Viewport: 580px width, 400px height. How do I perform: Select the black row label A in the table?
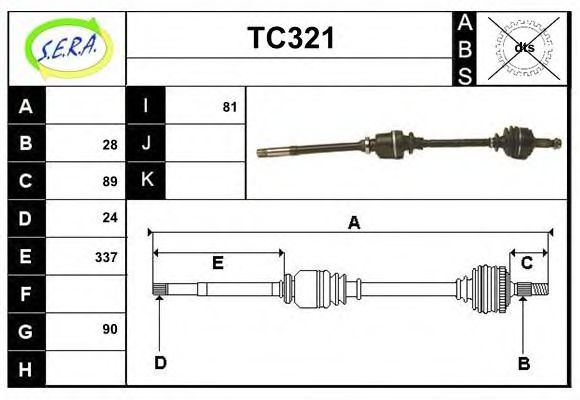point(26,106)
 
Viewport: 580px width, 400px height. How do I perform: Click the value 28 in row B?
point(109,144)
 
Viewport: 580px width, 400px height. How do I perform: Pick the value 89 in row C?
point(109,181)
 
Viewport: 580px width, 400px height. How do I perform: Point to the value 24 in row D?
point(109,217)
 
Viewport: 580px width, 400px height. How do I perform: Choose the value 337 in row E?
point(105,256)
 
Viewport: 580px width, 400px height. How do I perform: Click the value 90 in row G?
point(109,329)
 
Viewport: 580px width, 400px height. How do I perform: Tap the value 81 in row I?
point(229,106)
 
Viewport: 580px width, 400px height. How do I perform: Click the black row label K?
point(146,180)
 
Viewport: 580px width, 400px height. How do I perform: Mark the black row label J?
point(146,143)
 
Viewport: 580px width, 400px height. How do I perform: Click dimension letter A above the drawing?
point(353,223)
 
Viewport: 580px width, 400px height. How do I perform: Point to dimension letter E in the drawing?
point(217,264)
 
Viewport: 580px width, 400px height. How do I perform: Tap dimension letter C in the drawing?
point(526,263)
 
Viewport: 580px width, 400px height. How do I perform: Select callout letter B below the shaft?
point(523,363)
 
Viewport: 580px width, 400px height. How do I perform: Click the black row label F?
point(26,294)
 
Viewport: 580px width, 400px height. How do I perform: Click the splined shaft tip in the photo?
point(266,152)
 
